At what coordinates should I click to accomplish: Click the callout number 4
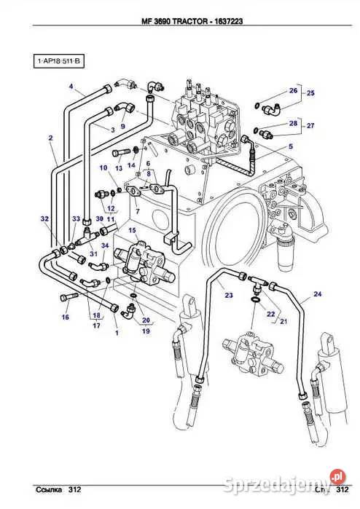click(x=71, y=88)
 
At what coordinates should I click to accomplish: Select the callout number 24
click(x=317, y=294)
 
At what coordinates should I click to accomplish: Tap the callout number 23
click(x=228, y=295)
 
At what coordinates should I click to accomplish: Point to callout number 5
click(x=289, y=147)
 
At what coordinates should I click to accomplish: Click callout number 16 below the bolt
click(x=65, y=317)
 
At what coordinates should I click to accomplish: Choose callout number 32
click(x=44, y=218)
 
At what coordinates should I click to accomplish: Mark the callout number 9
click(x=123, y=127)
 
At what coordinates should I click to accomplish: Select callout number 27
click(x=310, y=126)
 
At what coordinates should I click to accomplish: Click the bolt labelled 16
click(x=67, y=297)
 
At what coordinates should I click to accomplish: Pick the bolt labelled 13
click(x=120, y=153)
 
